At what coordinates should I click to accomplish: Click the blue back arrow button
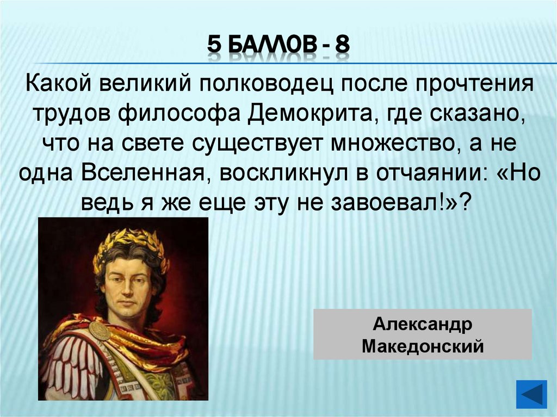coord(531,394)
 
